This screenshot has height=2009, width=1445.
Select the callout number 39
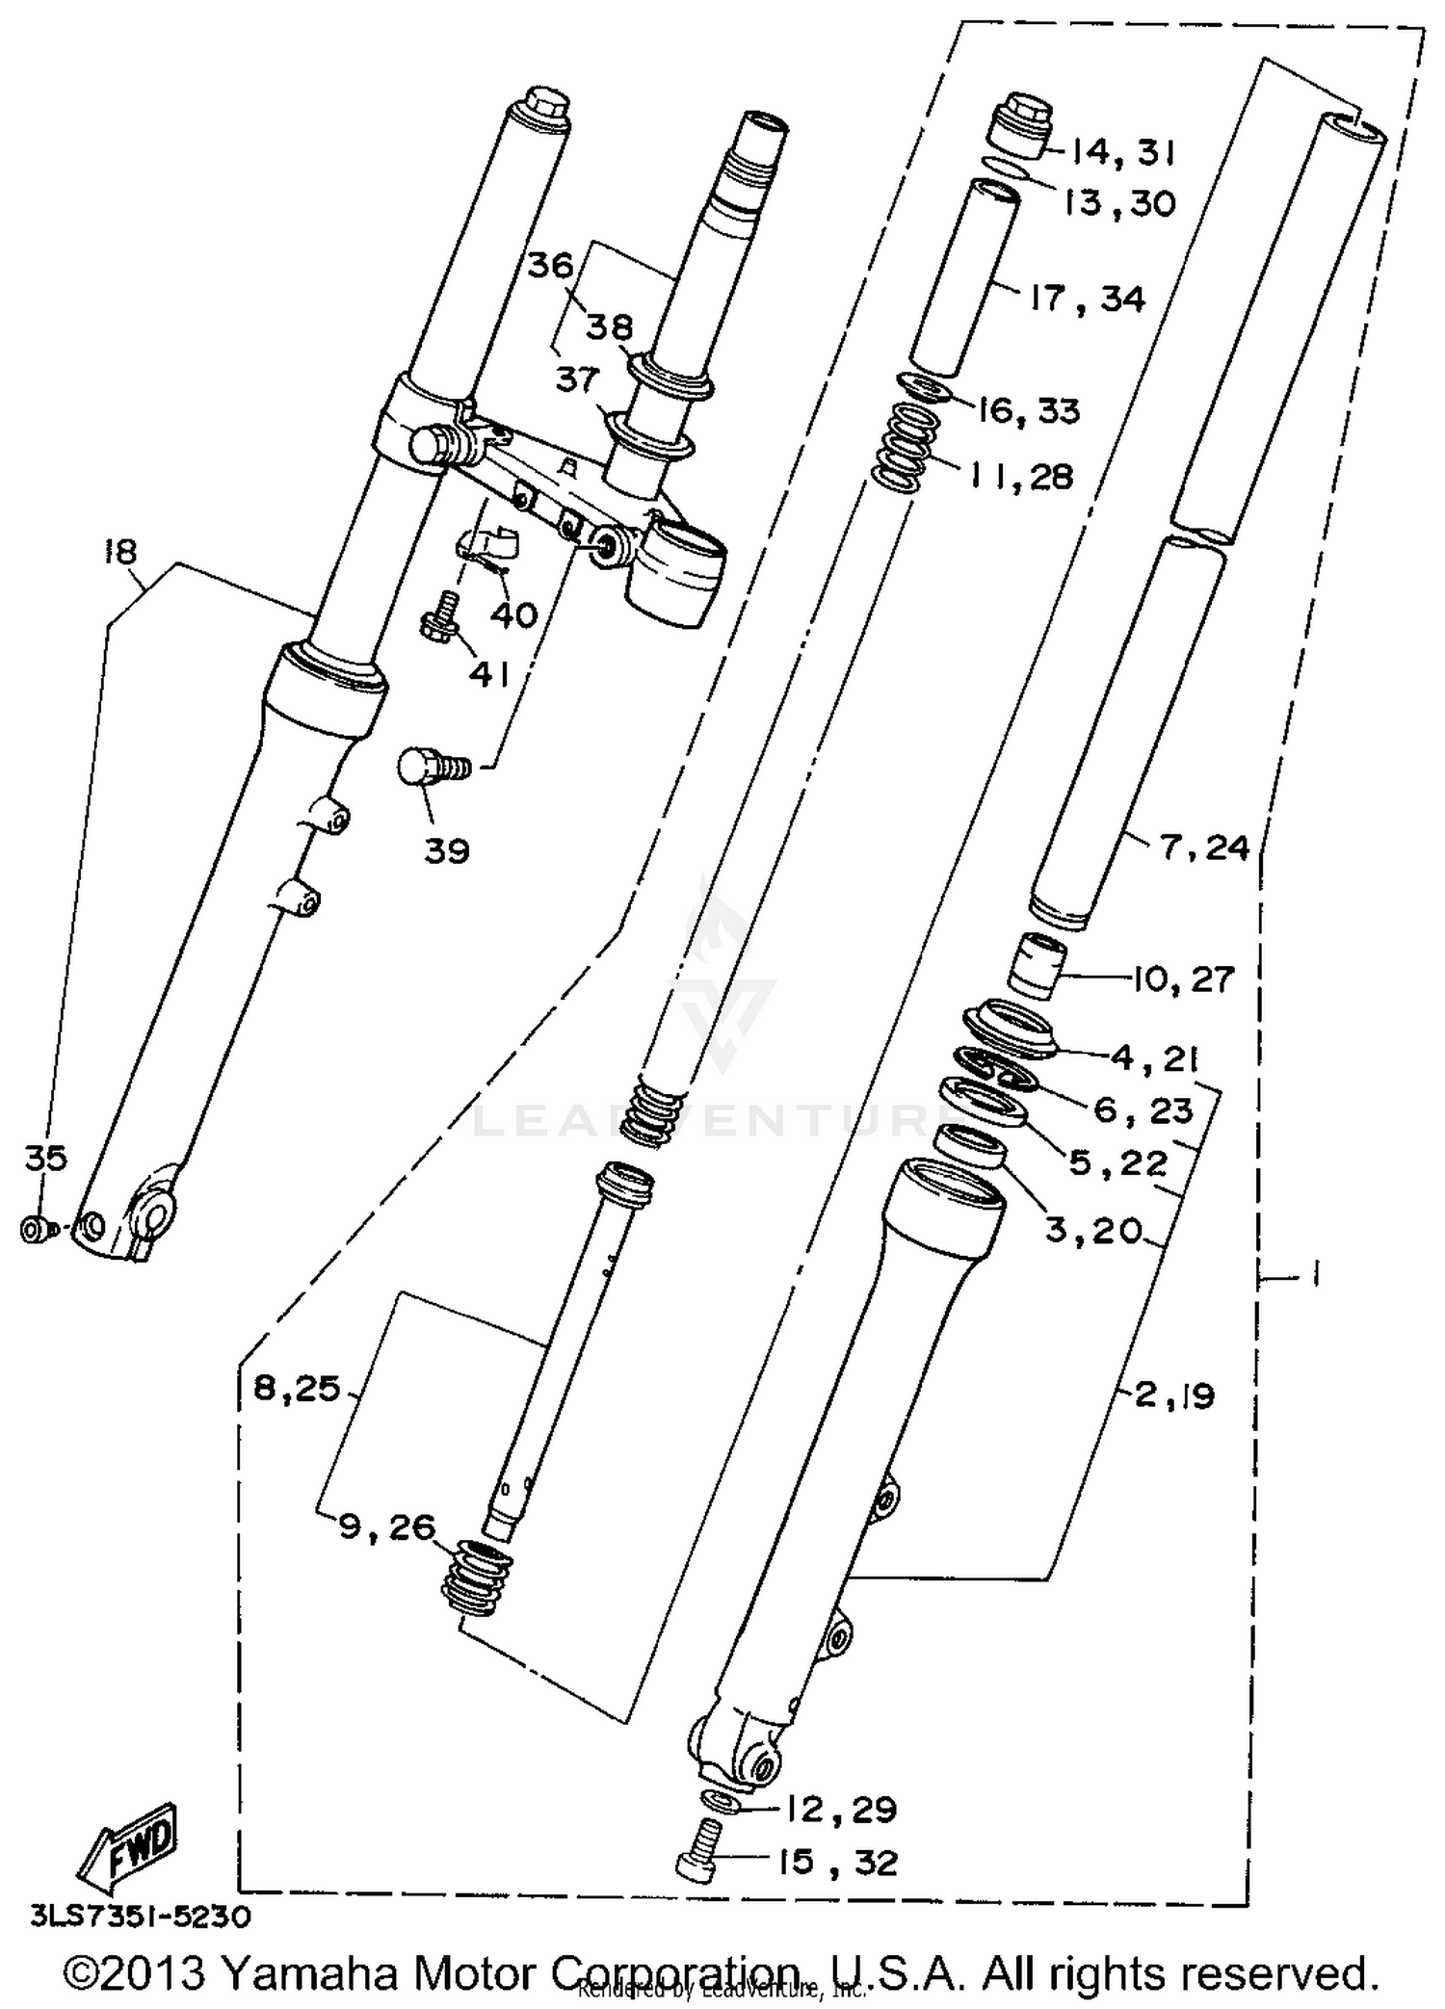click(446, 850)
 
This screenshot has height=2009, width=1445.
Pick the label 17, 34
click(1087, 299)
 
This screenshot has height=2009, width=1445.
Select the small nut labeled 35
click(33, 1230)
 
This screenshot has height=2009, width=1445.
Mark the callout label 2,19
click(1174, 1396)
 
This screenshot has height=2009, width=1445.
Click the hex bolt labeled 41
click(439, 616)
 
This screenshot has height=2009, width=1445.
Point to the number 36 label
click(550, 265)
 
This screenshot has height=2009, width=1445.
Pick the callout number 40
click(512, 614)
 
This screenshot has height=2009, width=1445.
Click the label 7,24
click(1205, 848)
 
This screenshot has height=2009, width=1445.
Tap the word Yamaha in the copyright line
click(315, 1972)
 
